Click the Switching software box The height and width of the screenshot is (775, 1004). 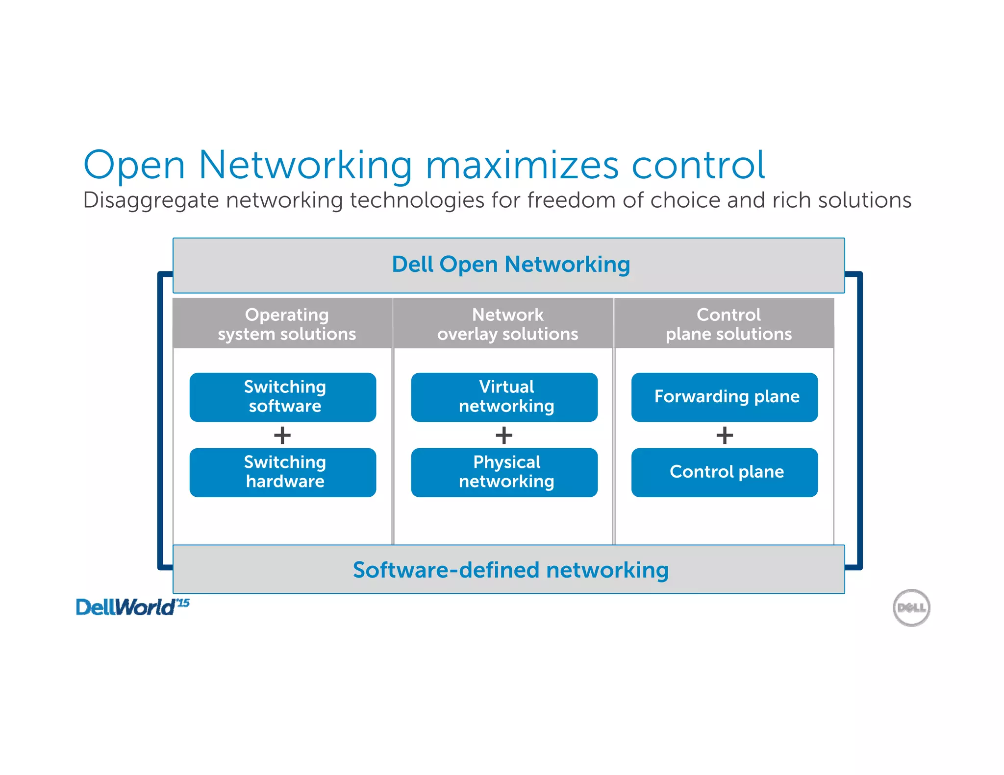(283, 397)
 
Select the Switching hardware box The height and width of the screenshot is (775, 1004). (283, 472)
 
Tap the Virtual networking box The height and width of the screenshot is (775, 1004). (504, 397)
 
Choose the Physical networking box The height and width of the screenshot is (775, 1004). (504, 472)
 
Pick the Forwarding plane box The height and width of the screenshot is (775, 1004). (725, 397)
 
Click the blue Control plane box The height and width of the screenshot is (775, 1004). (725, 472)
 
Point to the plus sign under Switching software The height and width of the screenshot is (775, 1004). (282, 435)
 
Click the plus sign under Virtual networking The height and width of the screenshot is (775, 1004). (504, 435)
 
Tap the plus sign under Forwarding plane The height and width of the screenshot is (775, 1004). (725, 435)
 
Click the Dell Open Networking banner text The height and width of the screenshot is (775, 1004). (511, 265)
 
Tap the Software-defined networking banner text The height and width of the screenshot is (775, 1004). (511, 570)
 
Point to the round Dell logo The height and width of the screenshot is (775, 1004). (911, 608)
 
